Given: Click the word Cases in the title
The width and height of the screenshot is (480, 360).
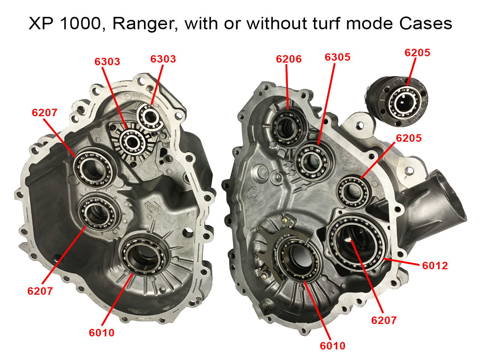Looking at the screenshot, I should click(x=426, y=24).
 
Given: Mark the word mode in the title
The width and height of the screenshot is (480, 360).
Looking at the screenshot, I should click(x=370, y=24).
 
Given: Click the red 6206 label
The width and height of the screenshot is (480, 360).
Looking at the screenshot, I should click(x=288, y=59).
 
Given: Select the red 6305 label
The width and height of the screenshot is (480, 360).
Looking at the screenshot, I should click(x=337, y=57).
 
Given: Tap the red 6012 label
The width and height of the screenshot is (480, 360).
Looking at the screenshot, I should click(x=435, y=265).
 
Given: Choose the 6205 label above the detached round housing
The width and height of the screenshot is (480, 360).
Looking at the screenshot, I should click(x=417, y=52).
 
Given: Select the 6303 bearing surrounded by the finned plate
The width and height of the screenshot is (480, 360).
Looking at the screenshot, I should click(x=132, y=142).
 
